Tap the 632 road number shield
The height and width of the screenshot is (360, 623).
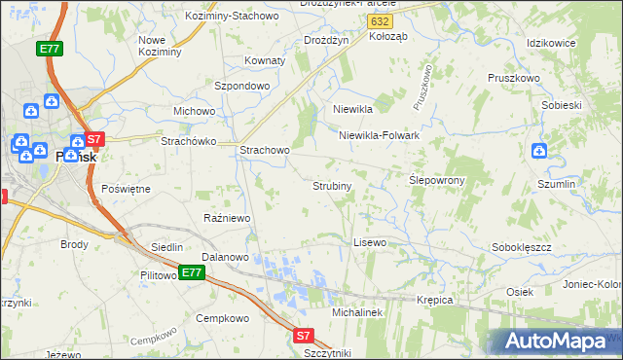pyautogui.click(x=383, y=20)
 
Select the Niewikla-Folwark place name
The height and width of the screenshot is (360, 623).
pyautogui.click(x=379, y=136)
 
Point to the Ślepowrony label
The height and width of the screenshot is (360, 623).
pyautogui.click(x=436, y=180)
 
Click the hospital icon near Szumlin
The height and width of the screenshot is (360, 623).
pyautogui.click(x=539, y=151)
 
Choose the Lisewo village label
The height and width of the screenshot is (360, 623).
pyautogui.click(x=370, y=241)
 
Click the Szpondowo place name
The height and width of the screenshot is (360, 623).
pyautogui.click(x=241, y=86)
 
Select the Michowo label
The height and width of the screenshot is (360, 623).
pyautogui.click(x=194, y=111)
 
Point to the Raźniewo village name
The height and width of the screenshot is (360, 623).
pyautogui.click(x=227, y=218)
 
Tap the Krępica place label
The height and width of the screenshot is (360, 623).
pyautogui.click(x=435, y=300)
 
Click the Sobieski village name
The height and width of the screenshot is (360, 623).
pyautogui.click(x=561, y=104)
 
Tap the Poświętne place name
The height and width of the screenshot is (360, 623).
pyautogui.click(x=127, y=189)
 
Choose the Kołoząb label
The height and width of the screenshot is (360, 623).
pyautogui.click(x=390, y=36)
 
